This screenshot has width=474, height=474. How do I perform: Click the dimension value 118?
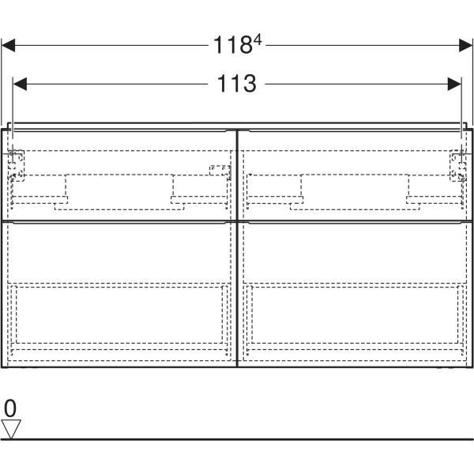pyautogui.click(x=231, y=46)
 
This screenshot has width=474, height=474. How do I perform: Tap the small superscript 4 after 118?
pyautogui.click(x=257, y=39)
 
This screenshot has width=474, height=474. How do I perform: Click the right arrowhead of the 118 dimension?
pyautogui.click(x=465, y=46)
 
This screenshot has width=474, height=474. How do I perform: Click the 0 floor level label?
pyautogui.click(x=9, y=408)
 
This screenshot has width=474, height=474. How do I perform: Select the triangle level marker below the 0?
pyautogui.click(x=11, y=429)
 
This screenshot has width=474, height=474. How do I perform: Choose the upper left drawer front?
pyautogui.click(x=121, y=174)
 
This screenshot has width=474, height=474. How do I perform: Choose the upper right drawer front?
pyautogui.click(x=353, y=174)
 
